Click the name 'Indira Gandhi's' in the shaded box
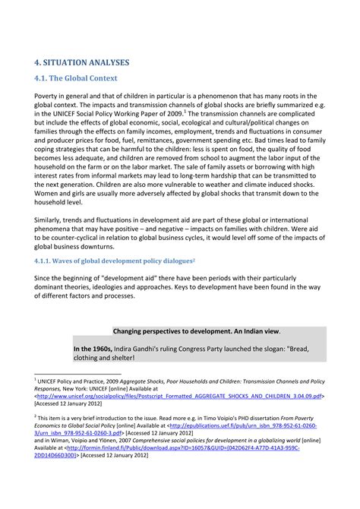pyautogui.click(x=153, y=348)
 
